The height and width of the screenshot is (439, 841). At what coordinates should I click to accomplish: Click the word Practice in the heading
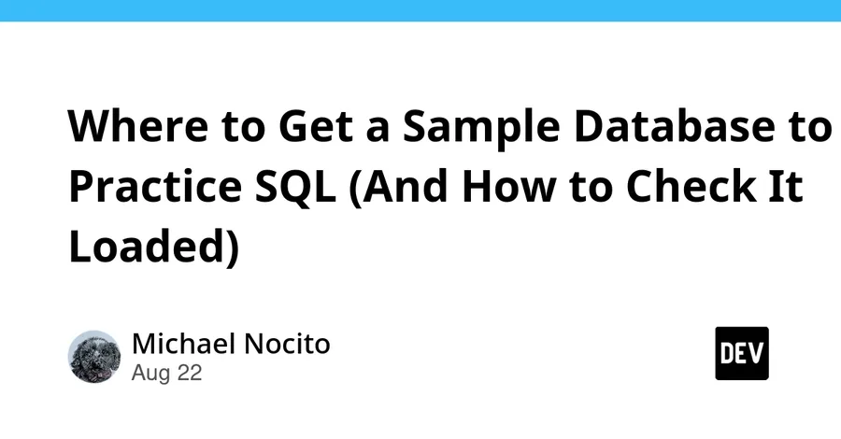click(x=155, y=186)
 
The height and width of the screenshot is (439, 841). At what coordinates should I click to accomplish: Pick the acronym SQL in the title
click(x=294, y=187)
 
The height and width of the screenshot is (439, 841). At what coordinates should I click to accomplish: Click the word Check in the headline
click(x=691, y=186)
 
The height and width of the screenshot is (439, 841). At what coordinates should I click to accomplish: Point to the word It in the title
click(x=786, y=186)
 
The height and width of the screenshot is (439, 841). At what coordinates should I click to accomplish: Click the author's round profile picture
click(x=94, y=357)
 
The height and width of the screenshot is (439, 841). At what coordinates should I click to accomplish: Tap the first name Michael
click(x=184, y=344)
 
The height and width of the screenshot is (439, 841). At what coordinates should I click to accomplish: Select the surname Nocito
click(x=287, y=344)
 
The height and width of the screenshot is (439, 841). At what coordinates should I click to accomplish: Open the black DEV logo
click(x=742, y=353)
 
